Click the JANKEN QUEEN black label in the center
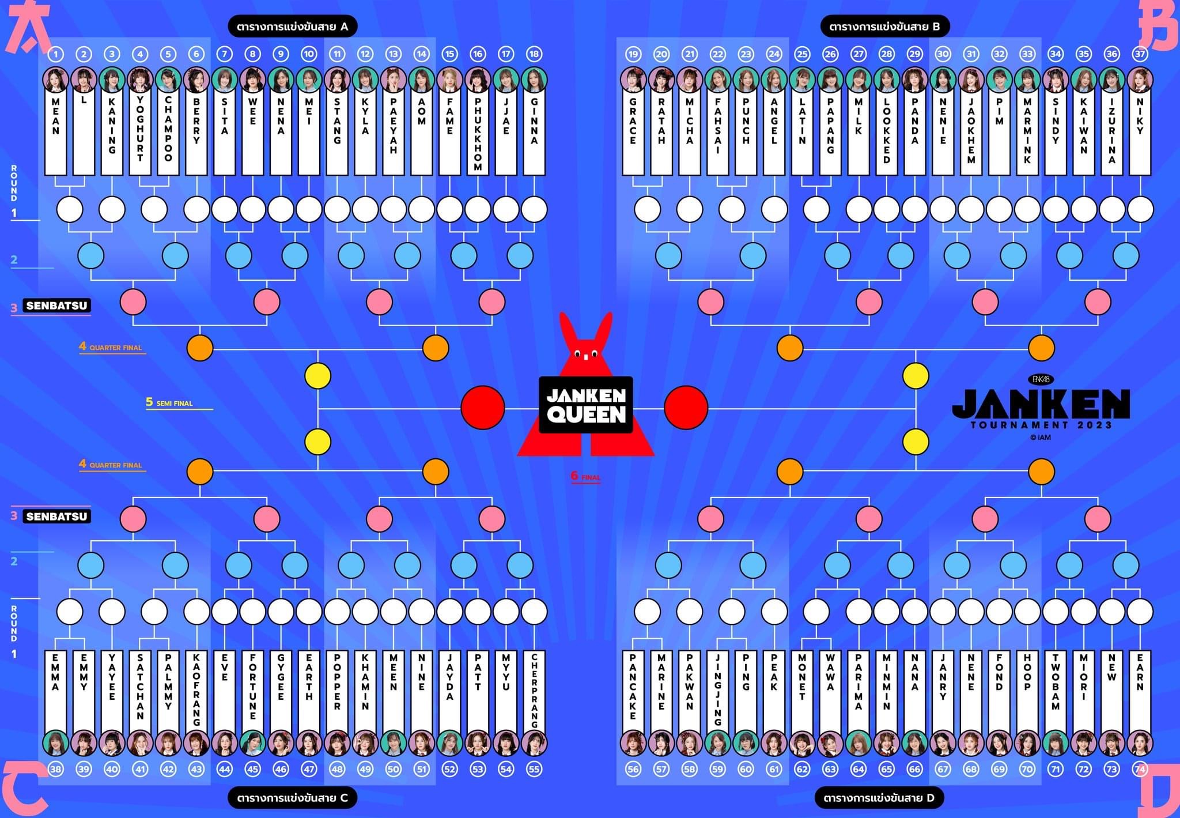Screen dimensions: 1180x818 pyautogui.click(x=586, y=405)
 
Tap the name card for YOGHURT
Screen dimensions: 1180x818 pyautogui.click(x=140, y=133)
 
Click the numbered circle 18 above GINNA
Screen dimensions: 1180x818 pyautogui.click(x=534, y=54)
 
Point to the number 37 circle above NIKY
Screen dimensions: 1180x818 pyautogui.click(x=1140, y=54)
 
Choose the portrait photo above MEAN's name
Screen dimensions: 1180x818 pyautogui.click(x=56, y=80)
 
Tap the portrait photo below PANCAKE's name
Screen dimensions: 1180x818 pyautogui.click(x=633, y=743)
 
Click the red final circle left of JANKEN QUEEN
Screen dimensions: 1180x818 pyautogui.click(x=483, y=408)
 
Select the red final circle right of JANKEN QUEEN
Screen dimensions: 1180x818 pyautogui.click(x=686, y=408)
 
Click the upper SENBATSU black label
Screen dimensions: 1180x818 pyautogui.click(x=56, y=306)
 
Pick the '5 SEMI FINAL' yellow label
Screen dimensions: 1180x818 pyautogui.click(x=169, y=402)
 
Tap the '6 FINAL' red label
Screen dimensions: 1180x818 pyautogui.click(x=585, y=476)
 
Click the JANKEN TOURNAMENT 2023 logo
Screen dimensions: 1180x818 pyautogui.click(x=1041, y=408)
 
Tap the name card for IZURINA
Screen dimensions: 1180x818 pyautogui.click(x=1111, y=133)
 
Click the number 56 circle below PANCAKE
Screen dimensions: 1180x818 pyautogui.click(x=633, y=769)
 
